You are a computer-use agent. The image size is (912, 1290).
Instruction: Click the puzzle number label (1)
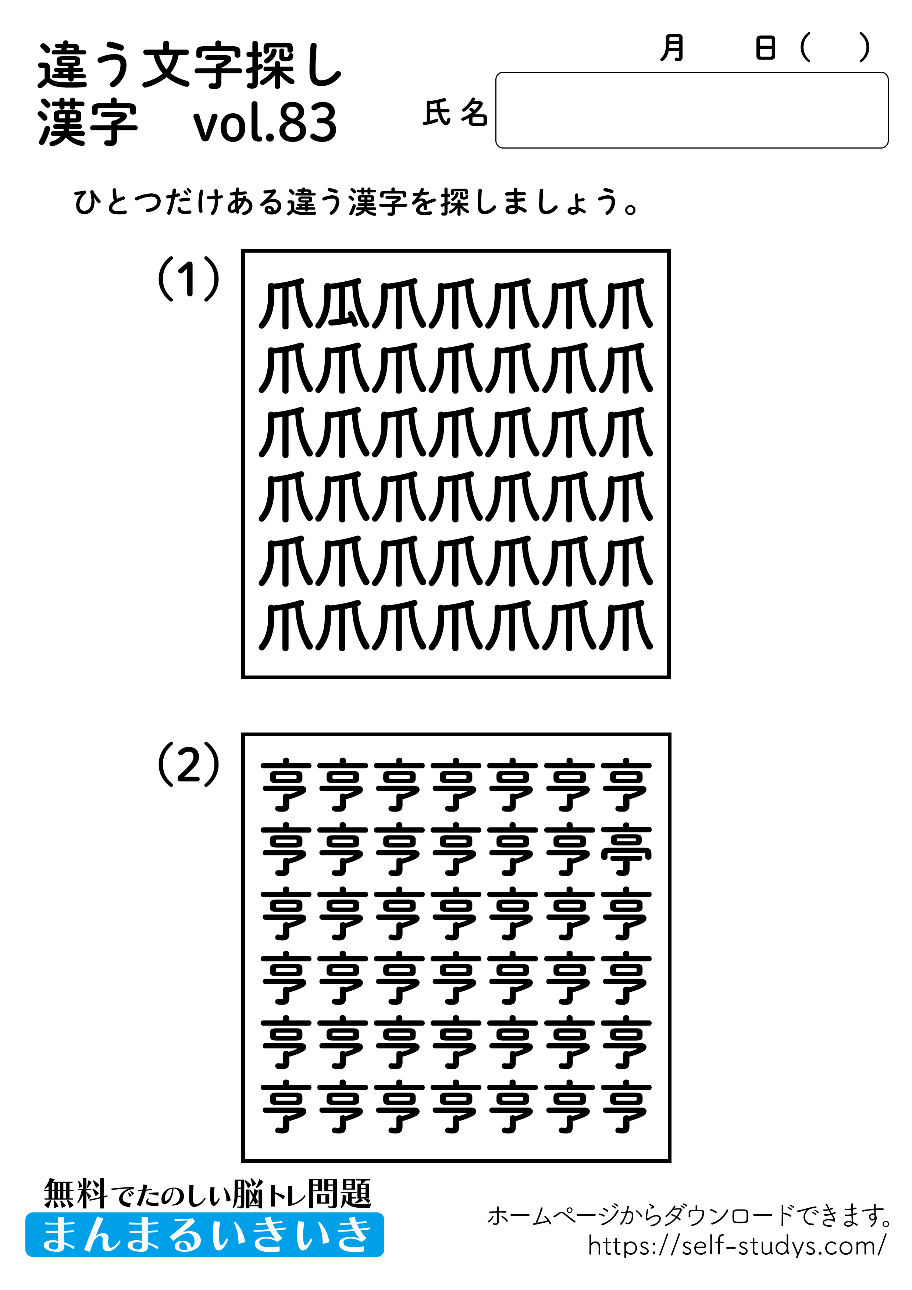[188, 279]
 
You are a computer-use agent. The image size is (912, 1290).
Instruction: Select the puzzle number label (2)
[188, 764]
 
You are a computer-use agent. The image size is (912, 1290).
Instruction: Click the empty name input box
[691, 110]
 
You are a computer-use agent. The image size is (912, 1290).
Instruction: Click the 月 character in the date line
[672, 48]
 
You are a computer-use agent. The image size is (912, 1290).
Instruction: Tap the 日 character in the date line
[765, 48]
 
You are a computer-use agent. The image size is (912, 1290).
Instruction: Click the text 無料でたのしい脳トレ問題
[207, 1193]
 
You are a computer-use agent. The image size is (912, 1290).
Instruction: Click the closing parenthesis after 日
[864, 48]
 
